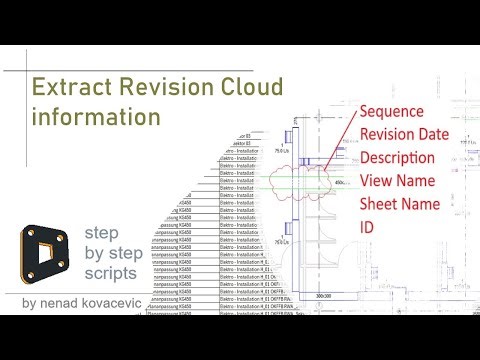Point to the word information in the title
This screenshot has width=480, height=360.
click(96, 116)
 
